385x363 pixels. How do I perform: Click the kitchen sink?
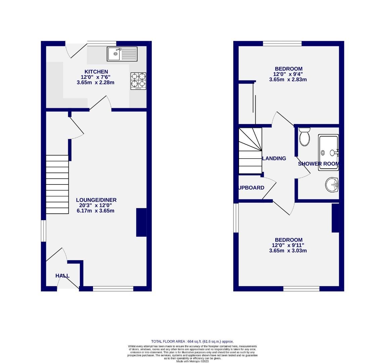(x=122, y=54)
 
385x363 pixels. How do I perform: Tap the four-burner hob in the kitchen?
(x=138, y=81)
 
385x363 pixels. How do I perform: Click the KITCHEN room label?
(x=96, y=72)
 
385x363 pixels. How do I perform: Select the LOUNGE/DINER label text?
(x=96, y=200)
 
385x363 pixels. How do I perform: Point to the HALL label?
(x=62, y=276)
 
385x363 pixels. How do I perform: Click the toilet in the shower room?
(x=304, y=137)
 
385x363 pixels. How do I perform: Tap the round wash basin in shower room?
(x=332, y=185)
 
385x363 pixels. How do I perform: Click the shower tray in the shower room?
(x=328, y=153)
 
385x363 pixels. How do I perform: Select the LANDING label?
(x=274, y=158)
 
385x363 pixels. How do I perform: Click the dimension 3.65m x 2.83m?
(x=288, y=80)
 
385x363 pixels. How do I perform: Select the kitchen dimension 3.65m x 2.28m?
(x=96, y=82)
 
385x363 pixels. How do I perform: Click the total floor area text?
(x=192, y=341)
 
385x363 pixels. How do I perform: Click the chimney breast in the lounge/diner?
(x=141, y=223)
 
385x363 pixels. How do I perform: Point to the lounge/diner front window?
(x=113, y=288)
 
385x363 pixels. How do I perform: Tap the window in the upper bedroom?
(x=282, y=43)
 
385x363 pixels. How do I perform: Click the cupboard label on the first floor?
(x=251, y=188)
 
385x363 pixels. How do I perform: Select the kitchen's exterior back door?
(x=77, y=50)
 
